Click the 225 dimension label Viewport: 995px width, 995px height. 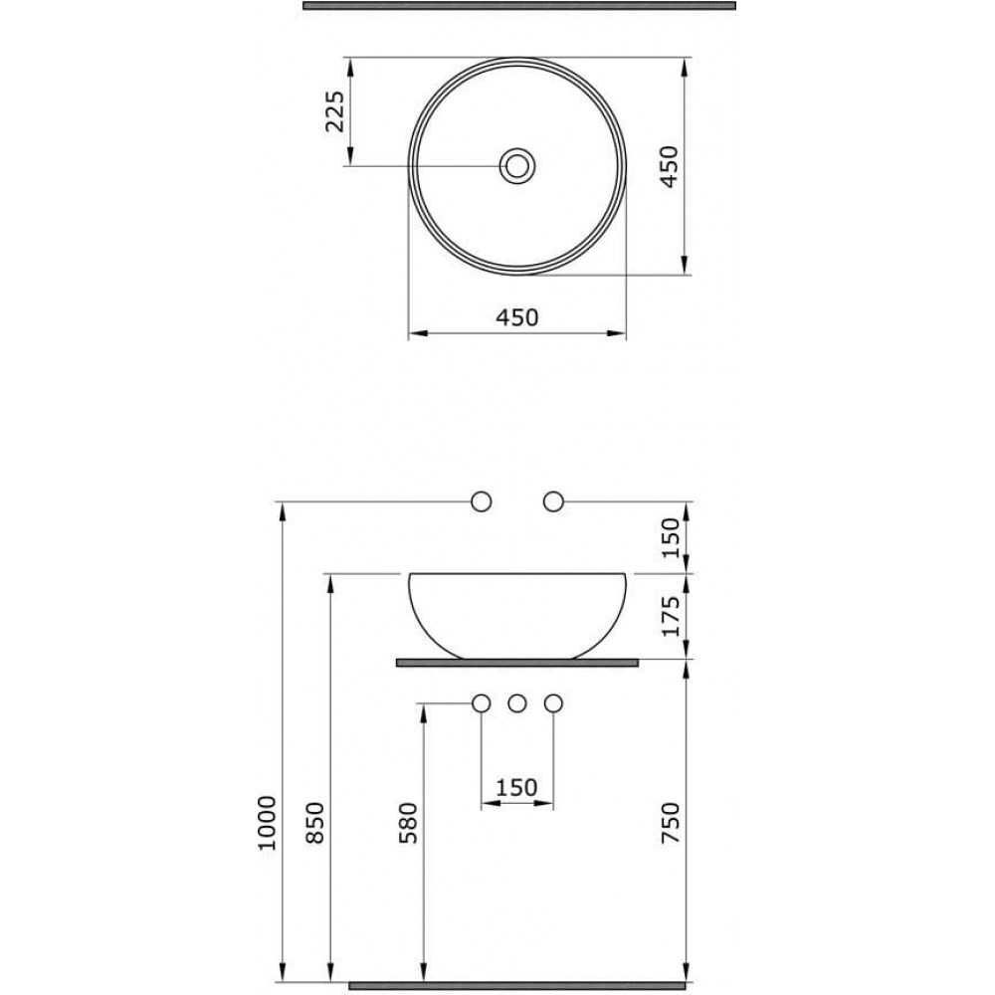tap(334, 111)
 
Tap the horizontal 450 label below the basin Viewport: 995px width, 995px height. tap(516, 317)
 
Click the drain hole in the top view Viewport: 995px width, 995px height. tap(517, 165)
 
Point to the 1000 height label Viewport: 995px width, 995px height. tap(267, 823)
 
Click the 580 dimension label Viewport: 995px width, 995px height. tap(408, 823)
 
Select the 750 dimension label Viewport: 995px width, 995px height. tap(670, 823)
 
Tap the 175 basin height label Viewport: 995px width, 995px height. tap(670, 616)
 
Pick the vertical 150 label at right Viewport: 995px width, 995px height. tap(670, 537)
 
